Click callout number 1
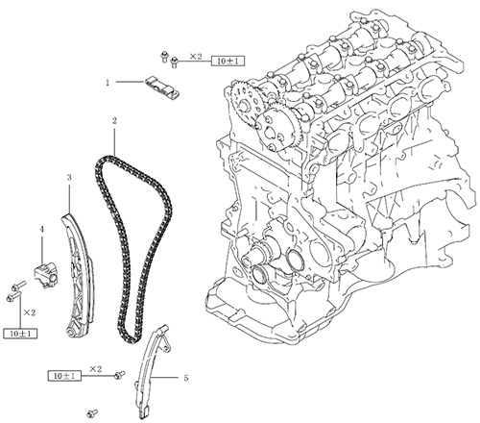108,83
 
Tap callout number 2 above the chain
114,121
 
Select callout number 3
69,177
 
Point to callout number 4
42,230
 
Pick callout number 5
186,378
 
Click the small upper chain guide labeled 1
162,88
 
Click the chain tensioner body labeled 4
46,275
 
